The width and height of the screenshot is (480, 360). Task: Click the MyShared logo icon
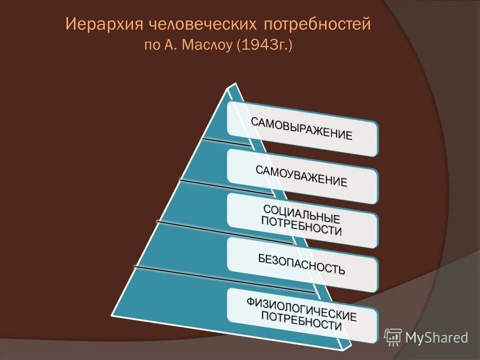point(393,337)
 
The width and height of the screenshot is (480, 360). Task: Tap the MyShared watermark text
point(436,337)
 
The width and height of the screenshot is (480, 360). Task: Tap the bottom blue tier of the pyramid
point(200,305)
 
